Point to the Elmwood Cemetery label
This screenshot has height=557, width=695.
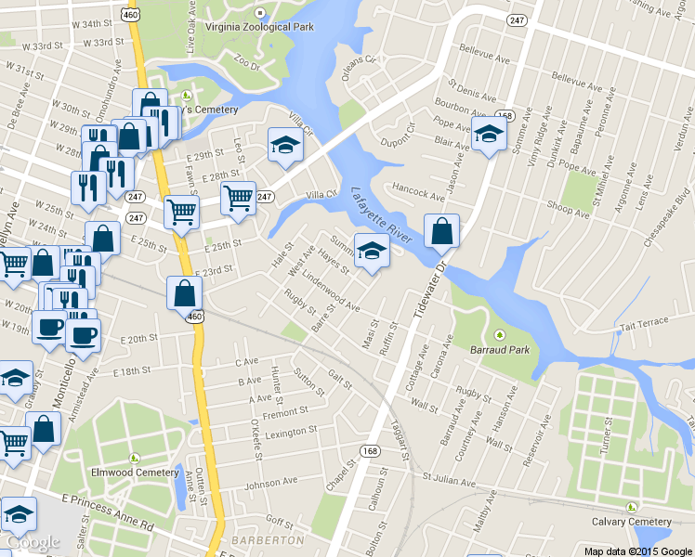coord(135,472)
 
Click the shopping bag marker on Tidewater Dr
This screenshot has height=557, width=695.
coord(442,231)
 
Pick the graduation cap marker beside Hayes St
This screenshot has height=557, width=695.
coord(372,252)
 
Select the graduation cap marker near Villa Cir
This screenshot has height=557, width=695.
coord(285,144)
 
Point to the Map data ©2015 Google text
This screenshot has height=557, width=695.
coord(637,551)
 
